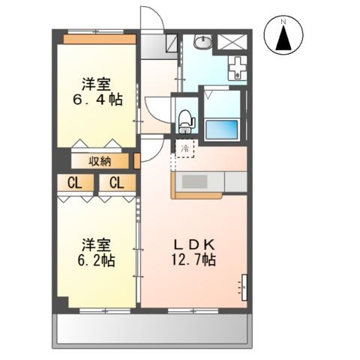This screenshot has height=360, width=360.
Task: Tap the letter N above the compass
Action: click(x=283, y=22)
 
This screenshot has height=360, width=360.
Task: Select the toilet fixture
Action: click(x=186, y=120)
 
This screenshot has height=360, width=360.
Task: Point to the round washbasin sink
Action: click(x=202, y=41)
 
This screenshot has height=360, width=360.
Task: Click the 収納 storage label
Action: click(x=101, y=160)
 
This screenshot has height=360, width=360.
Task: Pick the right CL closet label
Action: click(x=116, y=181)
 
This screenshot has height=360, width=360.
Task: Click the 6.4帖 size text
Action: click(x=99, y=99)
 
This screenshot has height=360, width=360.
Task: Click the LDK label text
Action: click(x=197, y=244)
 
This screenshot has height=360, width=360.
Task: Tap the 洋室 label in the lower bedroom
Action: click(x=96, y=244)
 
